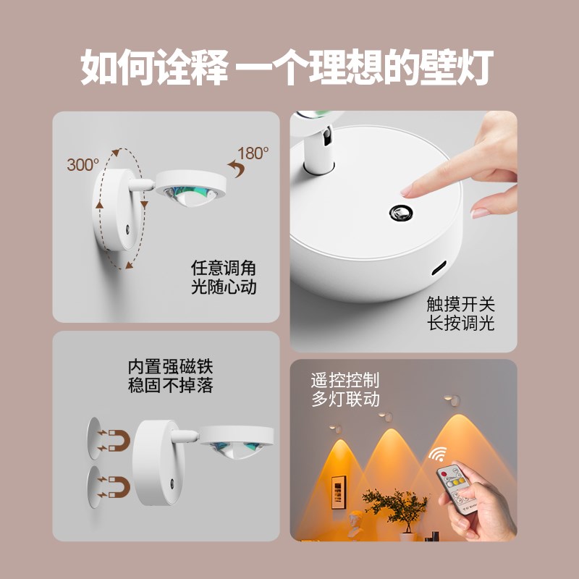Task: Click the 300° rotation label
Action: pos(83,164)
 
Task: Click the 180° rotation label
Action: pos(254,153)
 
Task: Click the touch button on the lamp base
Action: pos(400,212)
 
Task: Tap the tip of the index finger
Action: pos(407,190)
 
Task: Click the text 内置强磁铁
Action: pos(170,365)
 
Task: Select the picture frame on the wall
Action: pos(337,493)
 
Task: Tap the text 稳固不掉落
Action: pos(170,385)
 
